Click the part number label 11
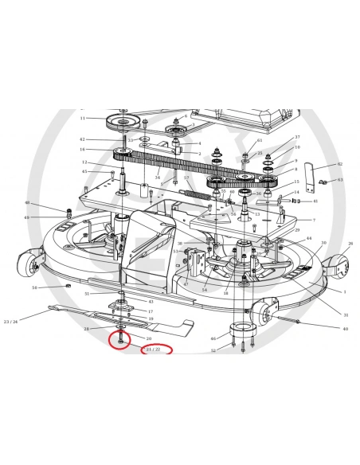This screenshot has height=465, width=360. coord(82,118)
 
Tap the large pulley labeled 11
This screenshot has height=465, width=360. coord(124,123)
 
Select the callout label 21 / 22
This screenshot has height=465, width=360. coord(154,350)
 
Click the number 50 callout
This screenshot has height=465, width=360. coord(34,287)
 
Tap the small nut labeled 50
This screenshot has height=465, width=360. coord(70,286)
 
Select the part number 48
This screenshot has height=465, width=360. coord(26,203)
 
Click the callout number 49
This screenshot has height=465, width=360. coord(26,217)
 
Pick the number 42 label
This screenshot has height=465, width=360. coord(83,139)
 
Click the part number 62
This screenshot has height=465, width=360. coord(338,164)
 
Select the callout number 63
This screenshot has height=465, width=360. coord(339,181)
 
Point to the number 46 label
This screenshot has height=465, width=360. coord(213,338)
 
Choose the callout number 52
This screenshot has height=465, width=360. coord(213,350)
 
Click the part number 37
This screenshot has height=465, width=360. coord(297,137)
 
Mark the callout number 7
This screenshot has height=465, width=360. coord(313,220)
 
